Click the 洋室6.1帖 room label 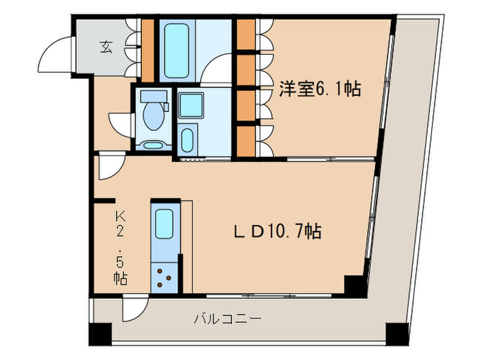[320, 89]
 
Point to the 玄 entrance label [106, 47]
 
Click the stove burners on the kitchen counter [163, 276]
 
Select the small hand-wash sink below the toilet [152, 145]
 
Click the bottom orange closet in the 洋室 [245, 141]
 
